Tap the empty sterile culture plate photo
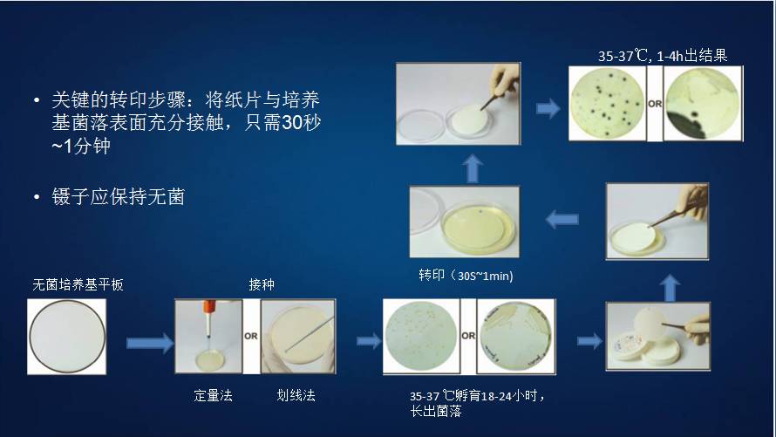[67, 338]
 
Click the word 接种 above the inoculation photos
[262, 284]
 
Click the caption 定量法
[213, 395]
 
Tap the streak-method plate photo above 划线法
[298, 338]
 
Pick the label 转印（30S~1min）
[462, 276]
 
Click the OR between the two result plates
[655, 104]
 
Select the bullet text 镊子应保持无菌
[117, 197]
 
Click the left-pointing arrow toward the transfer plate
[562, 220]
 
